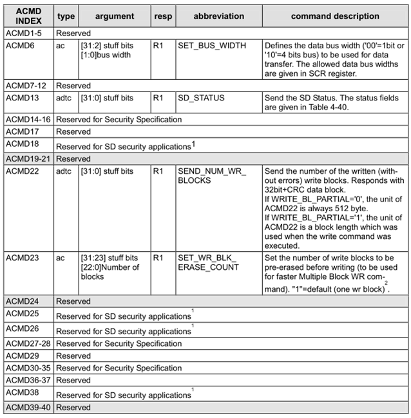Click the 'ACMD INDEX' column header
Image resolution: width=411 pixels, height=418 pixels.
[x=28, y=16]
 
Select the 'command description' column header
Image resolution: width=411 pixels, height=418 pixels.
[x=334, y=16]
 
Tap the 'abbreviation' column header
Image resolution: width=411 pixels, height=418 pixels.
[x=218, y=16]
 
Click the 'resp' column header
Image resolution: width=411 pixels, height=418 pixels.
[x=163, y=16]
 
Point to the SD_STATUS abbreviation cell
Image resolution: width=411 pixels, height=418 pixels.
[x=201, y=98]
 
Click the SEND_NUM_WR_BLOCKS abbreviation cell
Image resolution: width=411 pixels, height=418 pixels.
[x=211, y=176]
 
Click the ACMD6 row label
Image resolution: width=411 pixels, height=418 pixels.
[x=21, y=46]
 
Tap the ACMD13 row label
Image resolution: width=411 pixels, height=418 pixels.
[x=23, y=98]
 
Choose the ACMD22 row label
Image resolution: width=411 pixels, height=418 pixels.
[x=23, y=171]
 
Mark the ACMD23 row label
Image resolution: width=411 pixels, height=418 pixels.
[x=23, y=258]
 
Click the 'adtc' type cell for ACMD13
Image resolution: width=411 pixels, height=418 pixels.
[x=65, y=98]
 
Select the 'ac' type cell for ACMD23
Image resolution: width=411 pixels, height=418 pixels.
[x=61, y=258]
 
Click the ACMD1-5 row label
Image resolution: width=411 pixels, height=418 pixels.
[x=24, y=31]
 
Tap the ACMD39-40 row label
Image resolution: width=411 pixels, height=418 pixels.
[x=28, y=408]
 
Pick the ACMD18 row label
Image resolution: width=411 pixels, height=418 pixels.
[x=23, y=145]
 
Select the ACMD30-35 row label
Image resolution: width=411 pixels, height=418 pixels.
[x=28, y=368]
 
